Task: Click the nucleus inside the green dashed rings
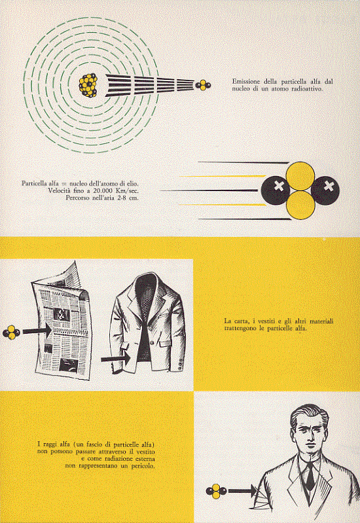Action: [x=88, y=85]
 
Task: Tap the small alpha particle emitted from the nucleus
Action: [x=203, y=85]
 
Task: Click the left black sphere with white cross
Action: [x=276, y=190]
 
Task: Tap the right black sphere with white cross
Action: [x=325, y=190]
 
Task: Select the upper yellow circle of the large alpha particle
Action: [x=300, y=176]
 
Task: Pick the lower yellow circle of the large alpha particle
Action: [x=300, y=205]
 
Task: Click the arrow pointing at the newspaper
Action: [x=37, y=331]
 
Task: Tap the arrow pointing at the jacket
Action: [x=116, y=359]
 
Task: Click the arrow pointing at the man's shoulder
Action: [x=243, y=491]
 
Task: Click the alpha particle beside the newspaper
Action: [x=11, y=333]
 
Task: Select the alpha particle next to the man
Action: [x=216, y=491]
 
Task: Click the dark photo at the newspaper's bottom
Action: [x=69, y=365]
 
